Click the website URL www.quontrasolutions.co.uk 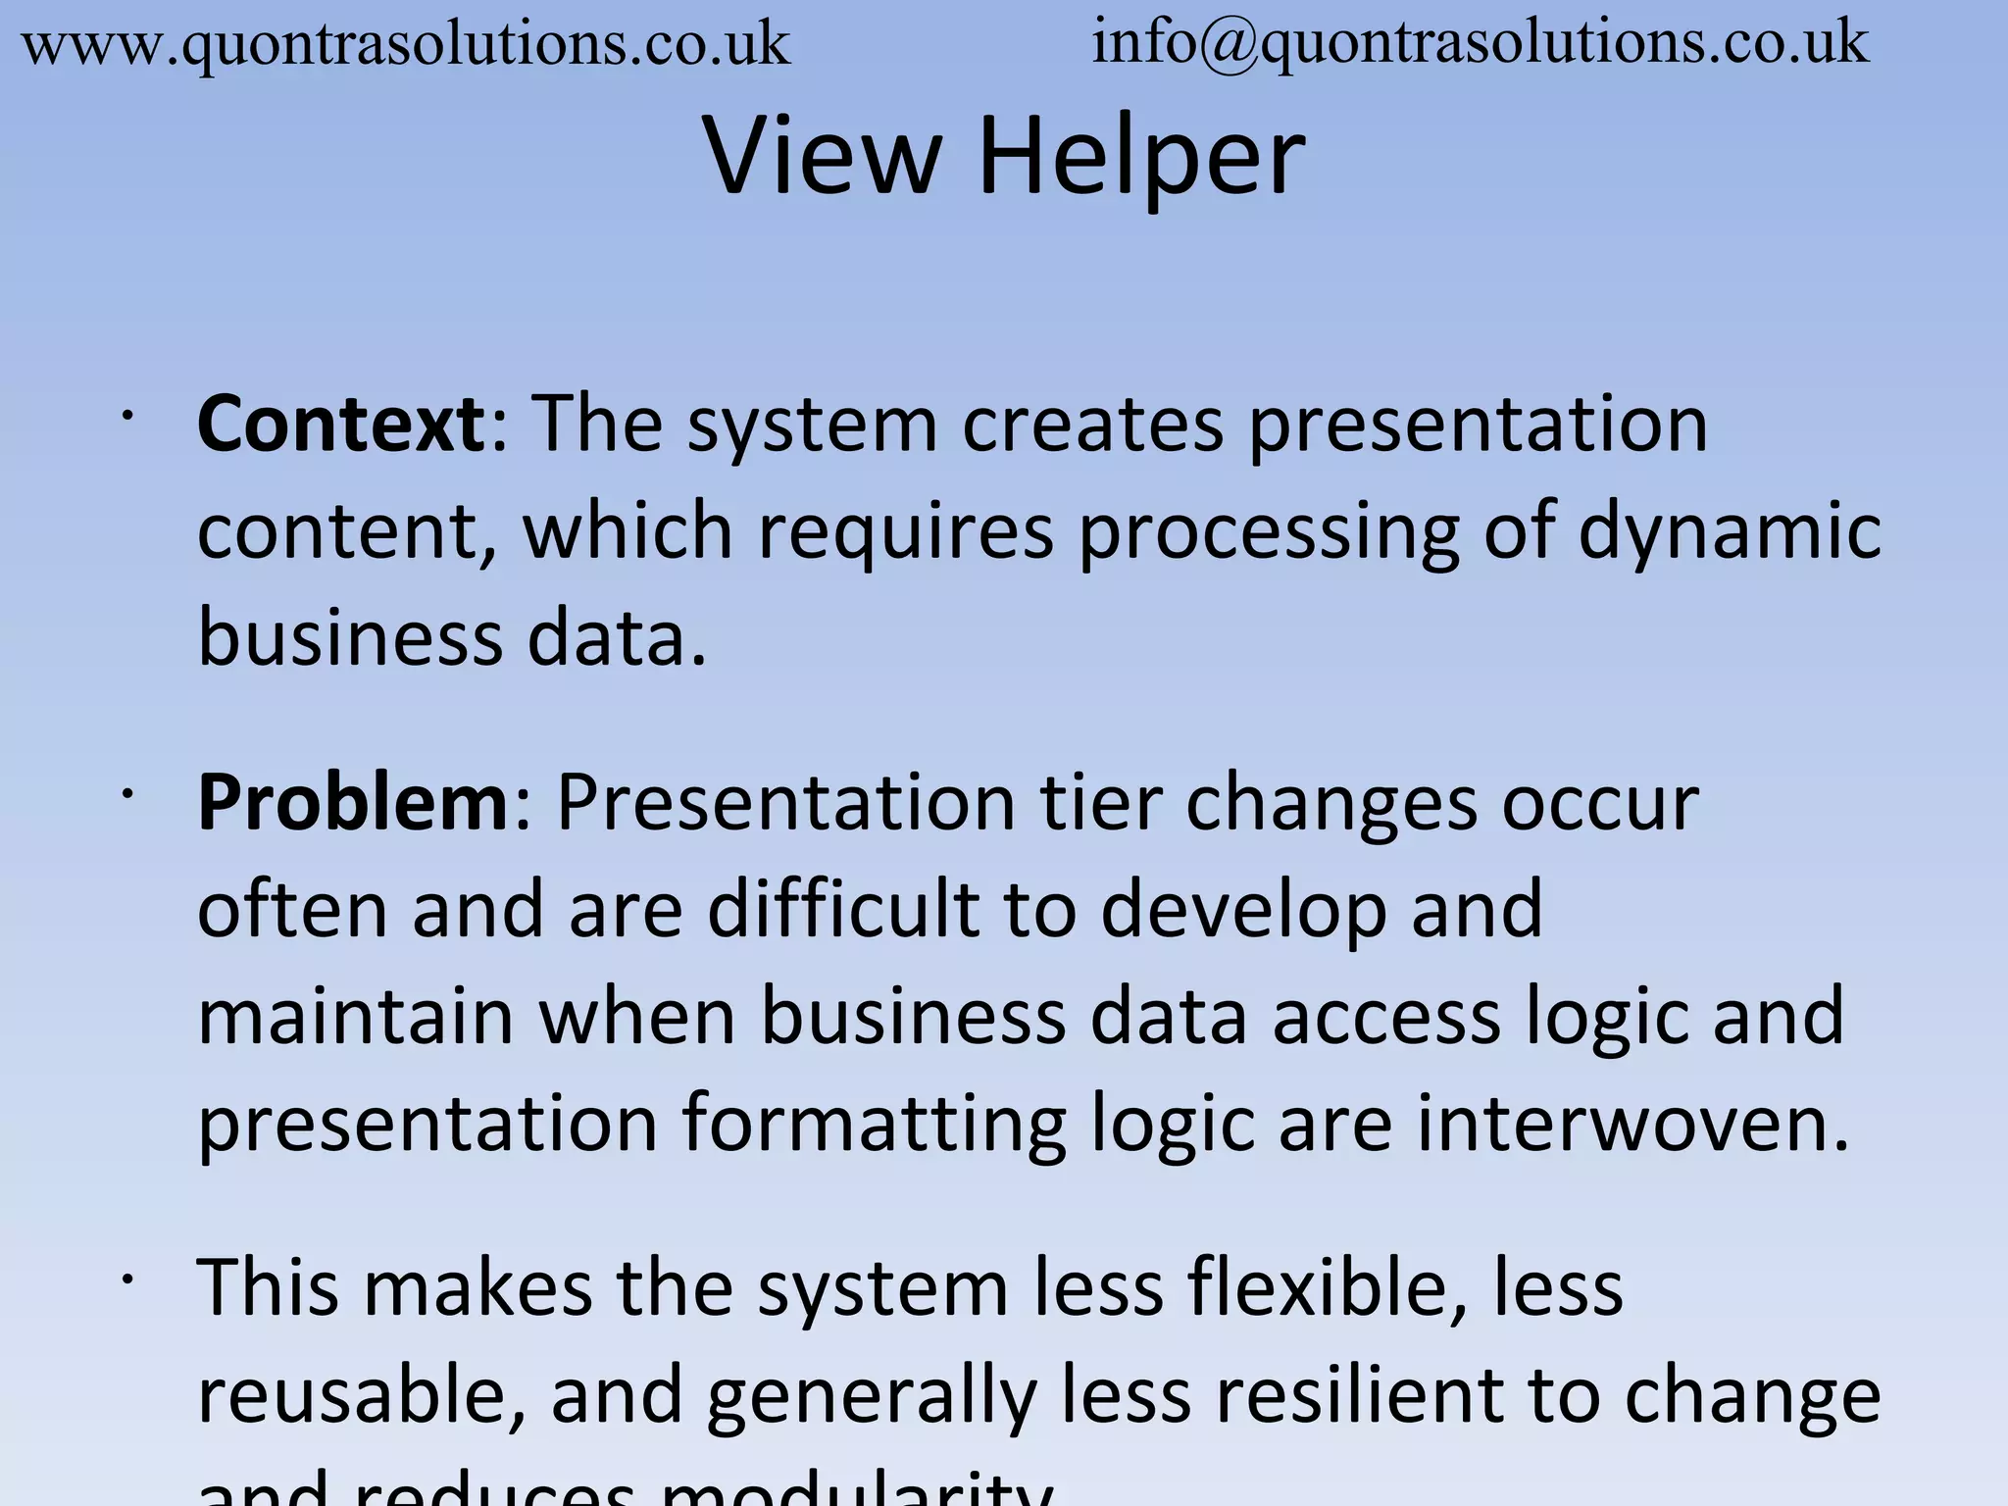(x=405, y=45)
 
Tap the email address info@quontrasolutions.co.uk (x=1480, y=43)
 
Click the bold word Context (x=340, y=424)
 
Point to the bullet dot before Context (x=126, y=417)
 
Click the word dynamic (x=1730, y=532)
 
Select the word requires (x=906, y=532)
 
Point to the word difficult (x=843, y=909)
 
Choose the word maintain (x=355, y=1016)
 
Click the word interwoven (x=1631, y=1123)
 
